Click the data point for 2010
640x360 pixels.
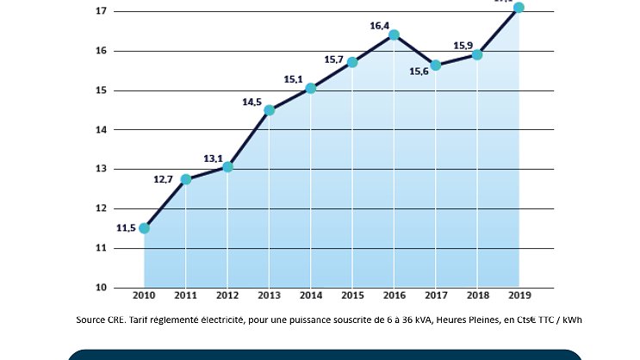point(144,228)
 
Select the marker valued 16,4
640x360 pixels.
point(394,35)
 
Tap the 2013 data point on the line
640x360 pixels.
point(270,110)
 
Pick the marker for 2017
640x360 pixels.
point(436,65)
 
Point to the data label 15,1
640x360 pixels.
point(294,79)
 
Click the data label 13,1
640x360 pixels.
point(214,158)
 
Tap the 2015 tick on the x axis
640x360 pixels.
point(352,296)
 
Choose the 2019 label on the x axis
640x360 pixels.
point(519,296)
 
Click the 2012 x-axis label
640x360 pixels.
point(227,296)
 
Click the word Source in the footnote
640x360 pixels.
point(90,320)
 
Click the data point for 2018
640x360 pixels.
point(477,55)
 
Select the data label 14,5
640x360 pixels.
point(252,102)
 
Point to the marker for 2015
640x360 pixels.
point(352,62)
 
